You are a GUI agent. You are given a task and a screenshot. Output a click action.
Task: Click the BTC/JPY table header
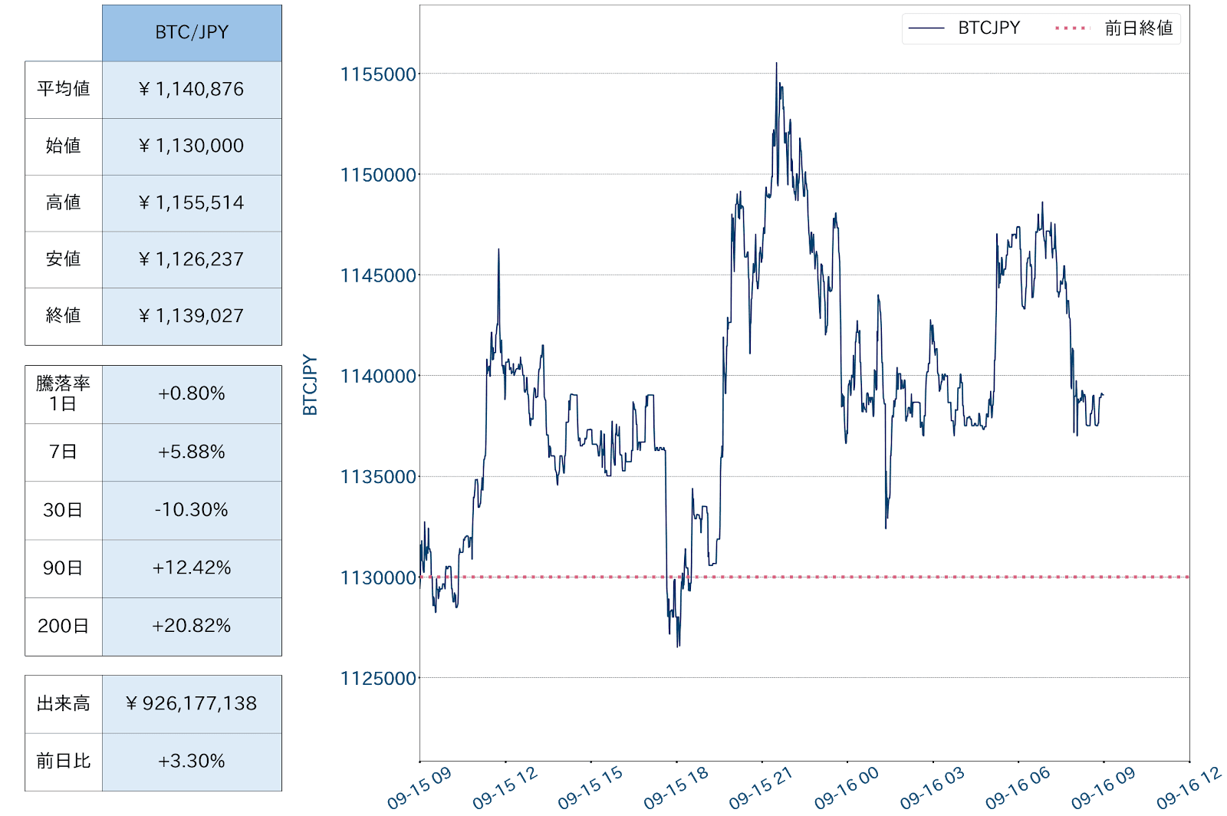(192, 33)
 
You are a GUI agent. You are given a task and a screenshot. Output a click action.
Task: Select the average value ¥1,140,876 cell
(192, 90)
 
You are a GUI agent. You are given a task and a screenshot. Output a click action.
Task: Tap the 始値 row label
(64, 146)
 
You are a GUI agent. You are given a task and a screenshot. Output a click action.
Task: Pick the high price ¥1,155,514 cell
(192, 203)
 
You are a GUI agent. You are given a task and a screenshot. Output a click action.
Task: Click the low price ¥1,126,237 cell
(192, 260)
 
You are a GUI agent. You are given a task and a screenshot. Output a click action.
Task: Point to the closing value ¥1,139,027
(192, 316)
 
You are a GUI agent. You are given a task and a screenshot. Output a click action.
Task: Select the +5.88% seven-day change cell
(192, 452)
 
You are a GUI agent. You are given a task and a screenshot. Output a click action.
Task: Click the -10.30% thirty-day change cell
(192, 510)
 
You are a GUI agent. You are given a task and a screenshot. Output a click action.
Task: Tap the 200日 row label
(64, 627)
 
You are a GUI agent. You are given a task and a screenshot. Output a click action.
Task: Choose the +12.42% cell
(192, 568)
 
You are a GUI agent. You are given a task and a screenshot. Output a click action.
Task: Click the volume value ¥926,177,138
(192, 704)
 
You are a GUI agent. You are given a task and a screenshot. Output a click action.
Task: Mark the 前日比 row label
(64, 762)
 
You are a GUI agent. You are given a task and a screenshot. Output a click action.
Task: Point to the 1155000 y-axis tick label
(378, 74)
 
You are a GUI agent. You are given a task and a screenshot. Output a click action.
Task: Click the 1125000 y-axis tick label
(378, 679)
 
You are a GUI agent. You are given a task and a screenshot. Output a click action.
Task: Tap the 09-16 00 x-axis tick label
(847, 788)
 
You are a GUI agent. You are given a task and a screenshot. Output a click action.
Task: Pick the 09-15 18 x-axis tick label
(676, 788)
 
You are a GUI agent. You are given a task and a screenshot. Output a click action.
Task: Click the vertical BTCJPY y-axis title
(310, 385)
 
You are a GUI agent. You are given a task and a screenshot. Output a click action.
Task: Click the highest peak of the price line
(776, 64)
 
